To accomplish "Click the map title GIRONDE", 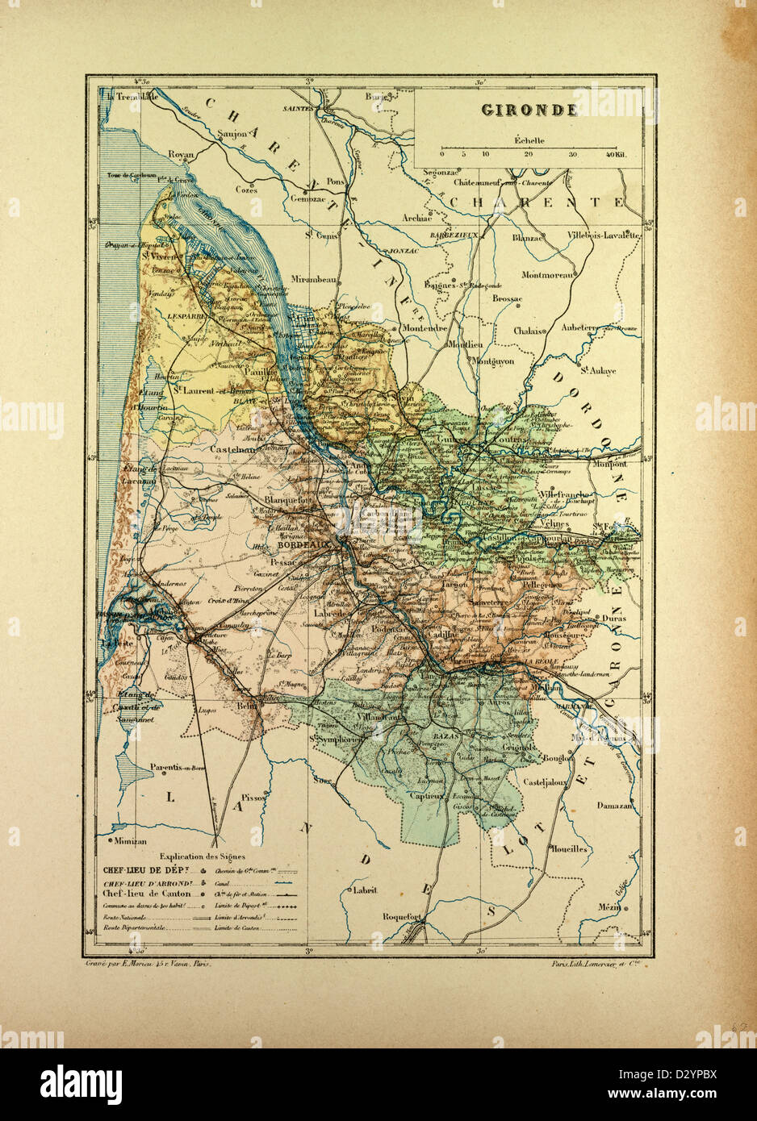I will (529, 110).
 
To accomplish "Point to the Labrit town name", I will (366, 890).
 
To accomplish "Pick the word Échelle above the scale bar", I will (529, 140).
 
